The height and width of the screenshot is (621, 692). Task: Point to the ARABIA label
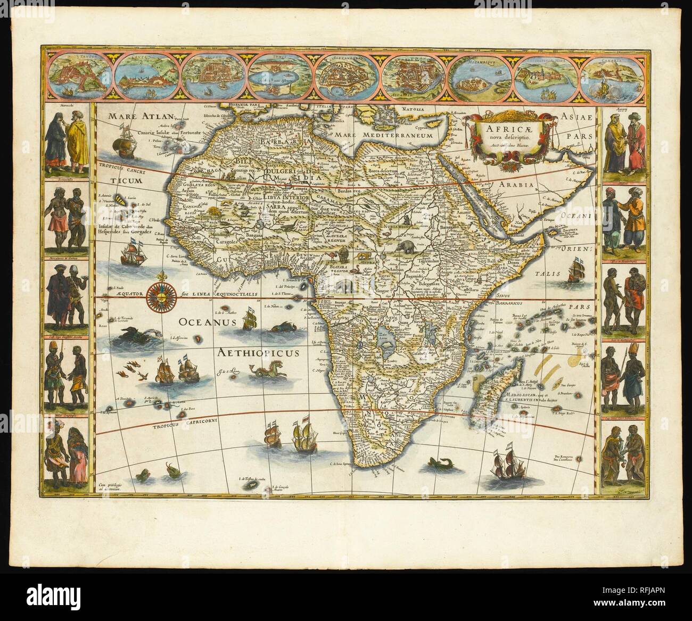[x=516, y=185]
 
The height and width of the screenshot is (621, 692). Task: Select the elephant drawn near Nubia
[x=408, y=246]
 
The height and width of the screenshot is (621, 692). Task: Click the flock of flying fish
[x=131, y=370]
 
